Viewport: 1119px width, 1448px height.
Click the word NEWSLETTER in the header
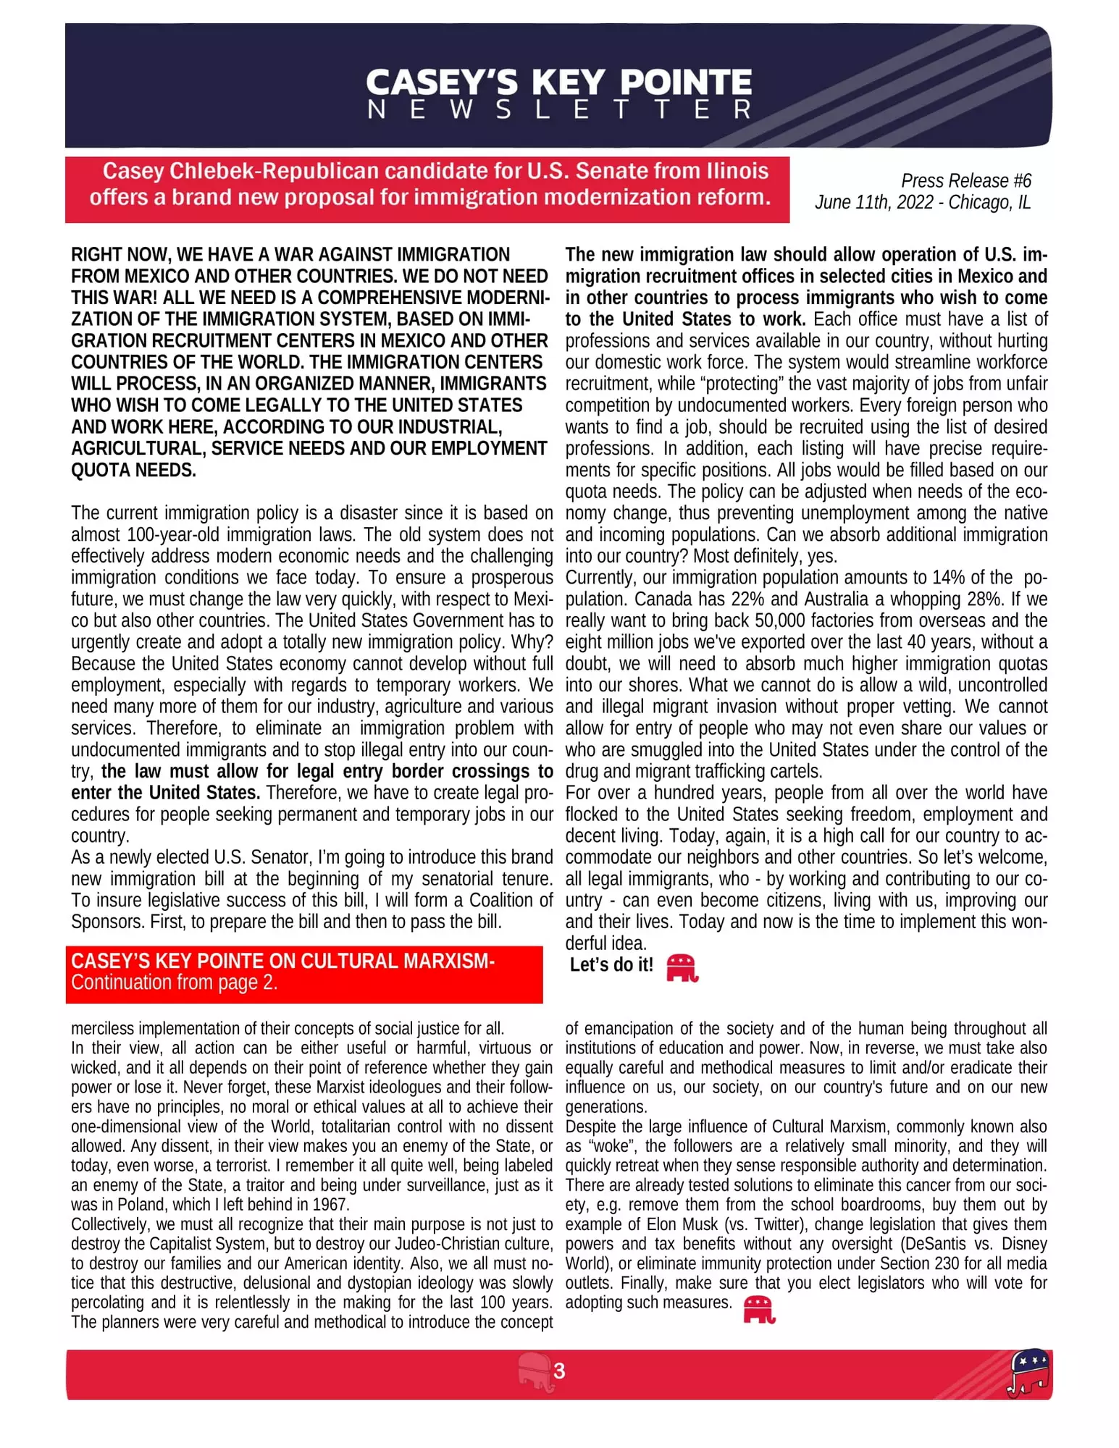tap(559, 109)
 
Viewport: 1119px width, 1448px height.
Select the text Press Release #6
tap(965, 180)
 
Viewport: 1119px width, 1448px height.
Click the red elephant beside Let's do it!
tap(682, 967)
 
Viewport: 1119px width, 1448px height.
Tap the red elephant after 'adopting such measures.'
tap(759, 1310)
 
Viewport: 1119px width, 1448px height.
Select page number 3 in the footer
tap(559, 1371)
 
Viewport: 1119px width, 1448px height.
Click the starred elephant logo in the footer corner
tap(1028, 1371)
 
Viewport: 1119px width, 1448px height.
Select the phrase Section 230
tap(919, 1263)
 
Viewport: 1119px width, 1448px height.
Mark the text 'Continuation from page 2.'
tap(174, 982)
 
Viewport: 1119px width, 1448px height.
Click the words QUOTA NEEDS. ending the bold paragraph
tap(133, 470)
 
